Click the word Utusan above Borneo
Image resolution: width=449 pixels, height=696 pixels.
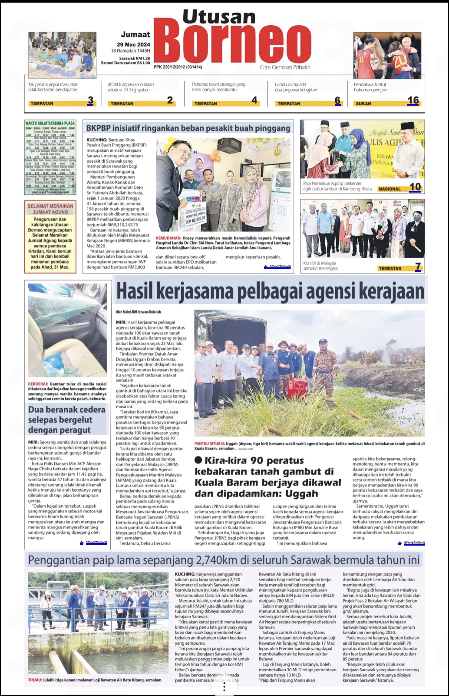click(219, 17)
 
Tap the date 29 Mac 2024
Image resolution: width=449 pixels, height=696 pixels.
click(133, 44)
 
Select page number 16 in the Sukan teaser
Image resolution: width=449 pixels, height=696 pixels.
click(413, 100)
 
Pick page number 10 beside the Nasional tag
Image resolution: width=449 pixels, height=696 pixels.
click(415, 187)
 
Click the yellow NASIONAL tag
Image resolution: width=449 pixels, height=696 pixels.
click(390, 189)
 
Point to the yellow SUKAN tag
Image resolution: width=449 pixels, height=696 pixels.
click(363, 103)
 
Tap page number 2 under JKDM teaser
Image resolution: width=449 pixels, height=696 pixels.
click(170, 100)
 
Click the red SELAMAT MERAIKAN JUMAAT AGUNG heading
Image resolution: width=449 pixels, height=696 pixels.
click(50, 209)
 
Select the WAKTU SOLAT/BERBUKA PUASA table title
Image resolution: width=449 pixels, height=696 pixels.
click(50, 123)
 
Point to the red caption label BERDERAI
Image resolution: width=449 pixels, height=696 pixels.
click(38, 384)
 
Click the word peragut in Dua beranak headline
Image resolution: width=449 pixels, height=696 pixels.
click(73, 430)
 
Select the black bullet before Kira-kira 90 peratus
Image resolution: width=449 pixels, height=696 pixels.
click(198, 460)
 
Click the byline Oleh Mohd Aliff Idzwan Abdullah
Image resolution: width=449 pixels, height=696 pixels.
click(138, 312)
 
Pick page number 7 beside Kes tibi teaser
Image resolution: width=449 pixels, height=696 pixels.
click(418, 267)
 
